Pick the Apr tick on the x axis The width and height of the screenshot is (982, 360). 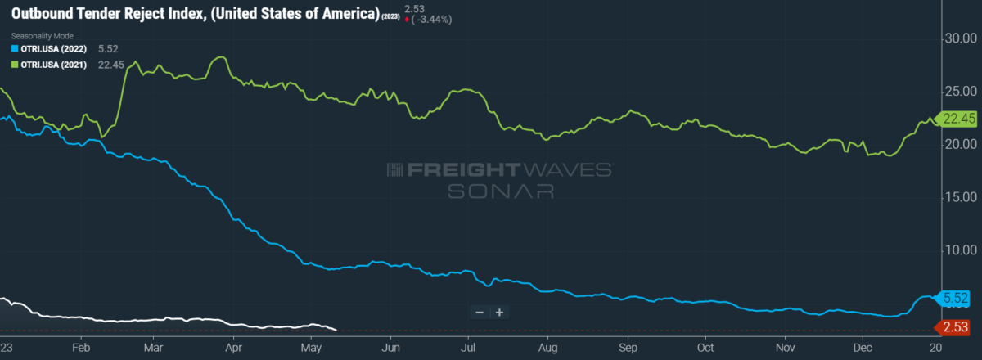(x=234, y=346)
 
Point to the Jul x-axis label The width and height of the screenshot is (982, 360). (x=468, y=346)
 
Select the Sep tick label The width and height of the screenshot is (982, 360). (x=627, y=346)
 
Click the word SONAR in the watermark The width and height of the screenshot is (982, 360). (x=500, y=191)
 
